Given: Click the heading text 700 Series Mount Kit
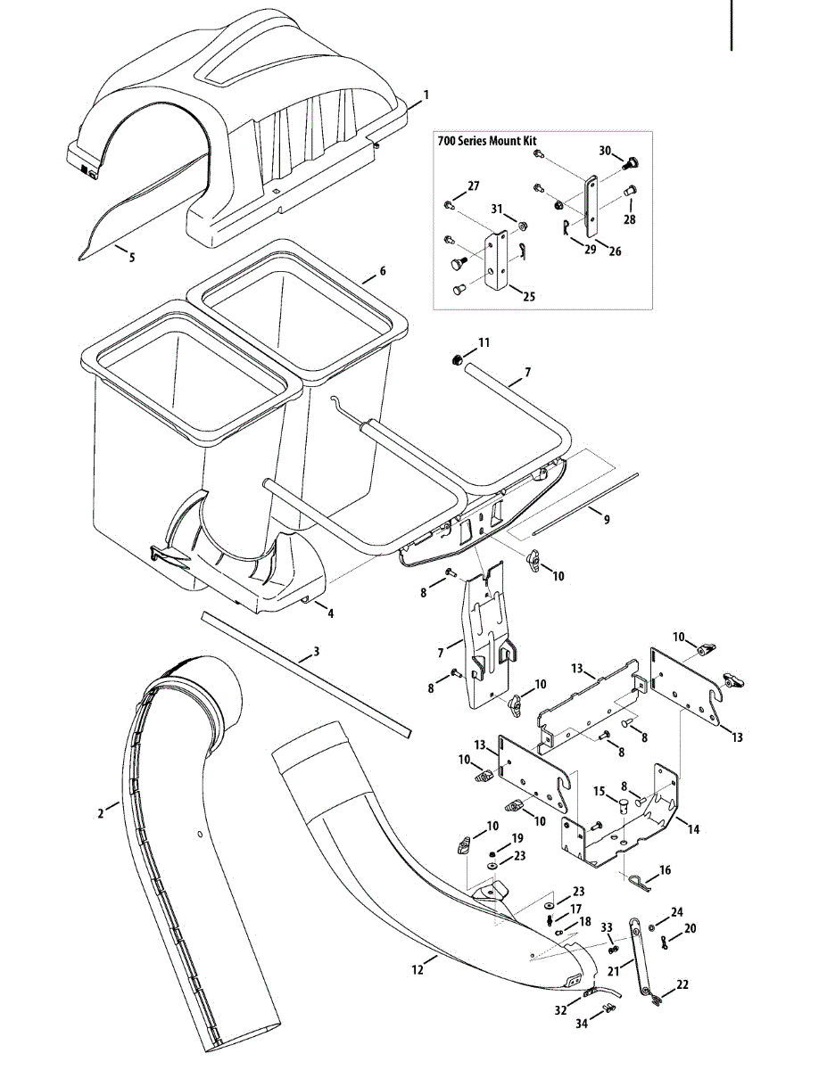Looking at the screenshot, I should (487, 141).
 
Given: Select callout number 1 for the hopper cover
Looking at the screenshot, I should (426, 95).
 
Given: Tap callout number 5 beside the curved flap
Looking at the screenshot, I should (132, 258).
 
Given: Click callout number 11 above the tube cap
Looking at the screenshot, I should (484, 342).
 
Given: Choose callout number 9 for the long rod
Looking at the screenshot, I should (607, 519).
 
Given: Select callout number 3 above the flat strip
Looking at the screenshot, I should (317, 653).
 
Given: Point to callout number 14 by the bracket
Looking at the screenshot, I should (693, 829).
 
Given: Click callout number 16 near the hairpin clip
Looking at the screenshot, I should (666, 870).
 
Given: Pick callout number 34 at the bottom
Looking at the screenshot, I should (582, 1025).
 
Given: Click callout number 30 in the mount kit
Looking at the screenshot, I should (605, 152).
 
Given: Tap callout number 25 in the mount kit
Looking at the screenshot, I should (529, 296).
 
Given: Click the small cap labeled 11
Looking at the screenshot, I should (454, 360).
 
